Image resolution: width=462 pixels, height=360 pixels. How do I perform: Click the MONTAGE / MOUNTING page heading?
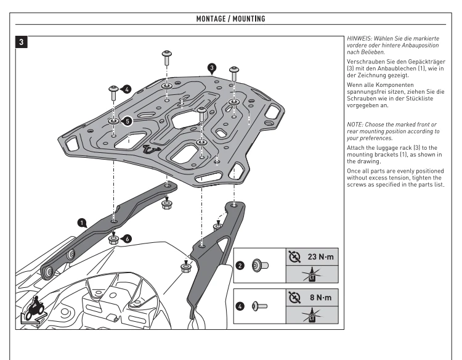[x=230, y=20]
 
